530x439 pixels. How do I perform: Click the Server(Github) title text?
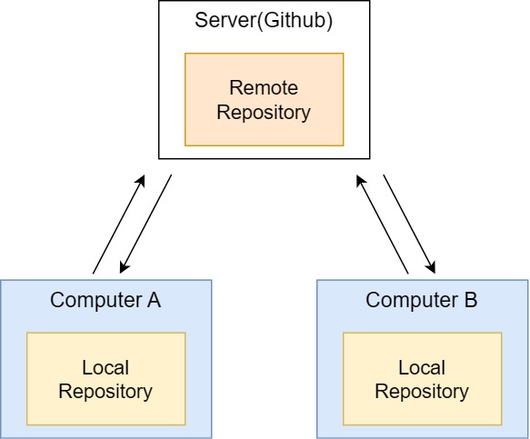point(264,21)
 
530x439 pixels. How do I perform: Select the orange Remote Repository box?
point(264,99)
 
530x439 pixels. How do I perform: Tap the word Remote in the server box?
point(264,88)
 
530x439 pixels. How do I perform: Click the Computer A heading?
point(105,300)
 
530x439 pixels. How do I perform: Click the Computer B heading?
point(421,300)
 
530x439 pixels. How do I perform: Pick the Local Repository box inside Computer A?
point(105,379)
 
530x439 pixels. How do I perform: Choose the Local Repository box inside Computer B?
point(422,379)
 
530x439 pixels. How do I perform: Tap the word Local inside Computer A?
point(105,368)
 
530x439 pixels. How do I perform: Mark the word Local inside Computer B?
point(422,368)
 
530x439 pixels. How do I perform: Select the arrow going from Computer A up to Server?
point(119,224)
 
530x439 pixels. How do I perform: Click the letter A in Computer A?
point(154,300)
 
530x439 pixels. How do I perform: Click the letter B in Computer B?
point(470,300)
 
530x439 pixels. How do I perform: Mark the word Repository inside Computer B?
point(422,392)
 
